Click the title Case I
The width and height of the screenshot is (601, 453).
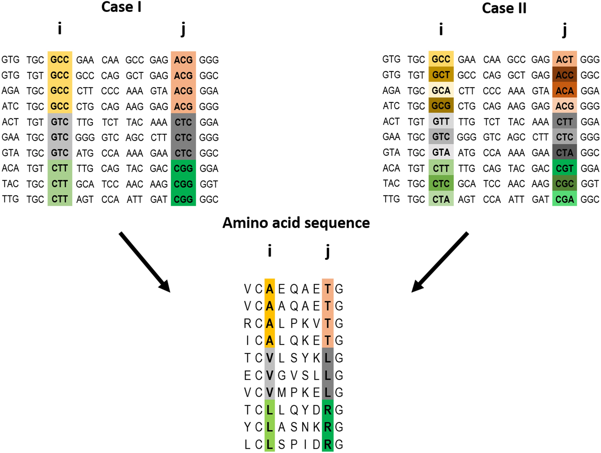point(121,7)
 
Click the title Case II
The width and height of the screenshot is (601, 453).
point(504,8)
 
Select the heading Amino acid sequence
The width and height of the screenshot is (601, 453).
point(296,223)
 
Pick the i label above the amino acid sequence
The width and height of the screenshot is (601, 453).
point(269,250)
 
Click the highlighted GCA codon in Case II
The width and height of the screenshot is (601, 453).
point(441,90)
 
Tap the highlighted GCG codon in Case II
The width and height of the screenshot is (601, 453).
point(441,106)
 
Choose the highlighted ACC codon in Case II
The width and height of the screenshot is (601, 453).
point(564,75)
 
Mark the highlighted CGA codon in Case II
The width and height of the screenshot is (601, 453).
point(564,199)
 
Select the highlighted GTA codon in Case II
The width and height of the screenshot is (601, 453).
point(441,153)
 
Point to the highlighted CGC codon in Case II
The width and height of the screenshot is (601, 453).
point(564,184)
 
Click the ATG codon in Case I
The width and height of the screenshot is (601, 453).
point(85,153)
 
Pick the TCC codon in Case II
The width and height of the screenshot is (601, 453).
point(491,184)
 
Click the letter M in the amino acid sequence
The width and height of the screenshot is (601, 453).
point(282,392)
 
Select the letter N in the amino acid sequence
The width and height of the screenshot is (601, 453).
point(305,427)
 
